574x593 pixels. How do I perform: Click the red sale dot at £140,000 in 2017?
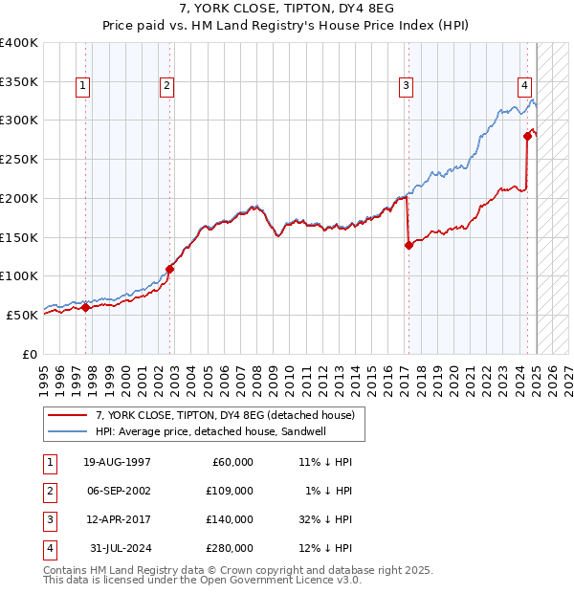(x=408, y=245)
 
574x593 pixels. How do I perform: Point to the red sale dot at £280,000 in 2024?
(x=527, y=136)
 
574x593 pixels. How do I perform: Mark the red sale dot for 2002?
(x=169, y=269)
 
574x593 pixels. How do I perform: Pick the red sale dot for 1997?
(x=85, y=307)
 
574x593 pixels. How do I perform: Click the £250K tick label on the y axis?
(x=19, y=160)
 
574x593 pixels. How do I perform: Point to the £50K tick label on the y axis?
(x=23, y=315)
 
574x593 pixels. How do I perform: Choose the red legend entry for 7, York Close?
(x=225, y=415)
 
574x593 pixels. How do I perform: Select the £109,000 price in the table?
(x=231, y=490)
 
